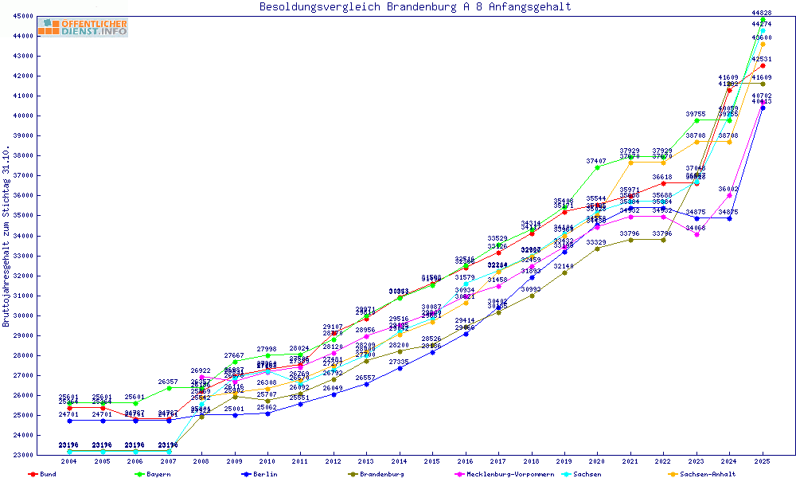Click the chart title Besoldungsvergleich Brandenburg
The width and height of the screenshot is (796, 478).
coord(415,7)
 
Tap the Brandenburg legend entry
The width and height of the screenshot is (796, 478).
coord(381,474)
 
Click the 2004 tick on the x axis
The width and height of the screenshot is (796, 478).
coord(69,461)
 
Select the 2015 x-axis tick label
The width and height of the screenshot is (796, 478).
coord(432,461)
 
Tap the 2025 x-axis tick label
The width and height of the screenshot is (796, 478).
coord(763,461)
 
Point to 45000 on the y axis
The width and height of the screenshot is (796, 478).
coord(23,16)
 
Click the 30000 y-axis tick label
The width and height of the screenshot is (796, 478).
coord(23,315)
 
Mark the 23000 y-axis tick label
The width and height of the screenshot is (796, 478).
coord(23,455)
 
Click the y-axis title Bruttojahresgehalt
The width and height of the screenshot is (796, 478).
coord(7,237)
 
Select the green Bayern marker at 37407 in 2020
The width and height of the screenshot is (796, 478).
coord(597,167)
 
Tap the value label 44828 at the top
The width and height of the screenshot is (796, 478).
coord(762,13)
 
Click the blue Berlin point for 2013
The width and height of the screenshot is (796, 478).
coord(366,384)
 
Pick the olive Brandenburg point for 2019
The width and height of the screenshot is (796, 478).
coord(564,272)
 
